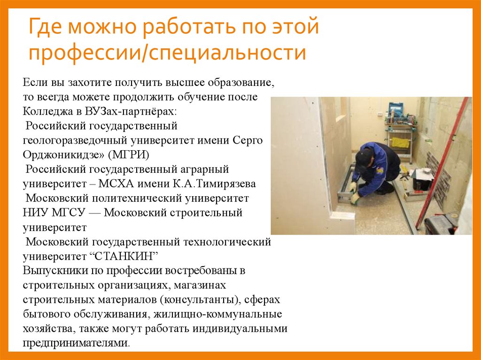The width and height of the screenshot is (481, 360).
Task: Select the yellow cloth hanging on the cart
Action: tap(400, 142)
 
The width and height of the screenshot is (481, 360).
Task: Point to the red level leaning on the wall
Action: tap(443, 160)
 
